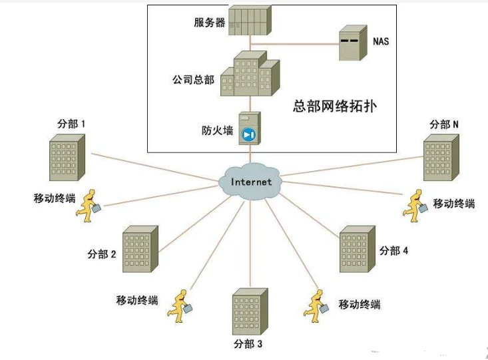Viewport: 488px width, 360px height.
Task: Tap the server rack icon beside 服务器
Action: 250,21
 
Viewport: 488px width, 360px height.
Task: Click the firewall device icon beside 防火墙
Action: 250,128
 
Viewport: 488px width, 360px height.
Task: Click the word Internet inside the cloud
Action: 251,182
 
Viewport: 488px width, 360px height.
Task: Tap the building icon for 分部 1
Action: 67,158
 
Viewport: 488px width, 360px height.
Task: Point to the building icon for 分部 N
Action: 441,158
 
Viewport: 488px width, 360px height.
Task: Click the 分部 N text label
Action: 444,124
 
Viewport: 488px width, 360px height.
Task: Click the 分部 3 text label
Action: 249,344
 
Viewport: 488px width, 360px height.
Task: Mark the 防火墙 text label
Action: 218,130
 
